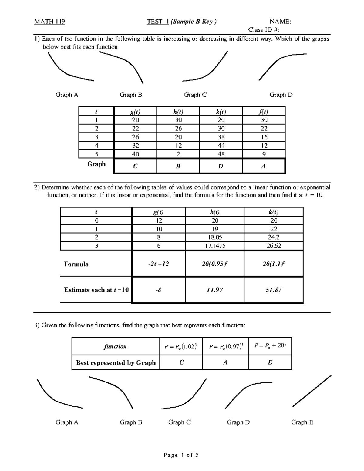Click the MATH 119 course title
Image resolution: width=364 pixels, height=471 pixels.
(49, 22)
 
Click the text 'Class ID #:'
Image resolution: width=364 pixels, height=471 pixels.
(263, 29)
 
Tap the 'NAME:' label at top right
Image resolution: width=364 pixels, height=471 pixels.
(280, 22)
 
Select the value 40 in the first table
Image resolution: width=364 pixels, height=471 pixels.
(135, 154)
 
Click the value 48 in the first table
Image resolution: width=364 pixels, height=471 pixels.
(221, 154)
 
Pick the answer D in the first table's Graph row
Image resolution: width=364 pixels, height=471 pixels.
(221, 166)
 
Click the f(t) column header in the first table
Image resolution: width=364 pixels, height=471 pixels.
(263, 111)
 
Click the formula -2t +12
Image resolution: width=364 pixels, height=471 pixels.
(159, 264)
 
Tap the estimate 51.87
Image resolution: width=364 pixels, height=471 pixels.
(274, 290)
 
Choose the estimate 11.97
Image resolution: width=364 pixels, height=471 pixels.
(215, 290)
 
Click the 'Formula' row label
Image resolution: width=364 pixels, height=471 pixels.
(76, 264)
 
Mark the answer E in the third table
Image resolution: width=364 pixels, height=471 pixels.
(270, 362)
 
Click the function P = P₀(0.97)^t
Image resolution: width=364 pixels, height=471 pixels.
(225, 346)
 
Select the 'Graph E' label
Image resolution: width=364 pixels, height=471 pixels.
(302, 422)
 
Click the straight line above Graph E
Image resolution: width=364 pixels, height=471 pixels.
(312, 391)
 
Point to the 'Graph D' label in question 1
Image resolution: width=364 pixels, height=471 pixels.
(281, 95)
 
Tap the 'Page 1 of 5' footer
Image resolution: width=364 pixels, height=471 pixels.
(181, 455)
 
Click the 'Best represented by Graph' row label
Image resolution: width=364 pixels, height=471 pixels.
(116, 362)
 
